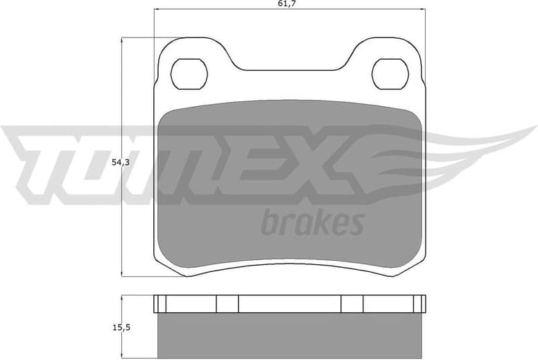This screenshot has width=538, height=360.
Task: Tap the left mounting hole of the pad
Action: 189,73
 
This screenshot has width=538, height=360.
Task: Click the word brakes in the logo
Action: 312,222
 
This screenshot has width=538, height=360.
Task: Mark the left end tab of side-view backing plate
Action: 160,304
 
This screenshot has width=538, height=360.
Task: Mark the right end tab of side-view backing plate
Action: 418,304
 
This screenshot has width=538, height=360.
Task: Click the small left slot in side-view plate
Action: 227,304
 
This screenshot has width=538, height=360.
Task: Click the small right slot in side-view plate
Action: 352,304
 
